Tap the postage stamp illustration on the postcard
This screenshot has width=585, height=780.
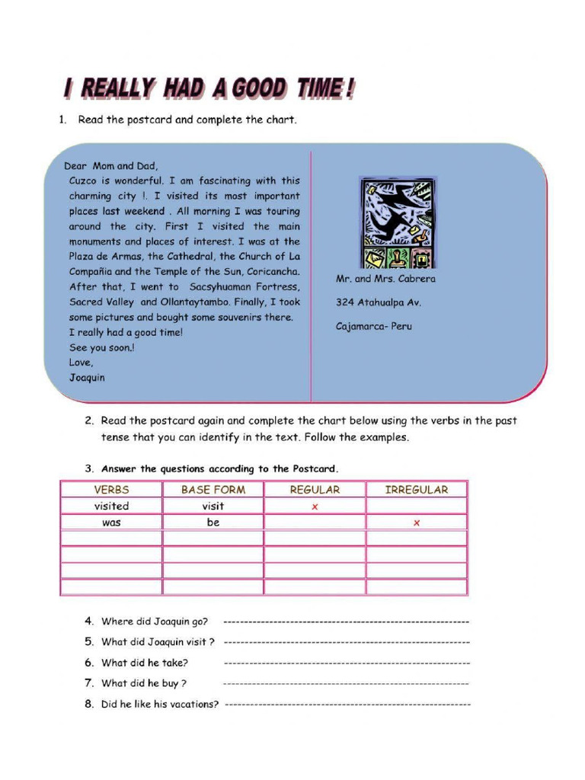(398, 222)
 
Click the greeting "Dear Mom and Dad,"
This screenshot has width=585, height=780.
(111, 165)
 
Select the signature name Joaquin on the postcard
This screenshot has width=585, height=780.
(87, 377)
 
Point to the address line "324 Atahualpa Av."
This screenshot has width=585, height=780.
(379, 302)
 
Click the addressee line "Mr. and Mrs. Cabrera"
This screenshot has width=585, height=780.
(386, 279)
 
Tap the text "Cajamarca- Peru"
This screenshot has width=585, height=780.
(374, 326)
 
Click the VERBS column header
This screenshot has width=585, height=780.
(111, 490)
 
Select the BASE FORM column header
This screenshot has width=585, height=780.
(213, 490)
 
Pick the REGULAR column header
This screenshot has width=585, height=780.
(315, 490)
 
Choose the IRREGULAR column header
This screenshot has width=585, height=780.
(417, 490)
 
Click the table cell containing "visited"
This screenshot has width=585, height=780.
(111, 506)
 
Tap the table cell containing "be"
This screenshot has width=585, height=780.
(213, 523)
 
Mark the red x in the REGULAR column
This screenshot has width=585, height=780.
(315, 507)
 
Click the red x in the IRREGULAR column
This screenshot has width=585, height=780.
(417, 523)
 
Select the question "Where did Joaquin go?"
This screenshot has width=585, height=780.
(155, 622)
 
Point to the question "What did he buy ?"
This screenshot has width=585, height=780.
(144, 683)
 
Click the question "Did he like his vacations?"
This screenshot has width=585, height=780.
(160, 704)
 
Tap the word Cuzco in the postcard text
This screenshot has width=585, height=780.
(85, 181)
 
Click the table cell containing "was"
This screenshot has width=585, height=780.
(111, 523)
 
